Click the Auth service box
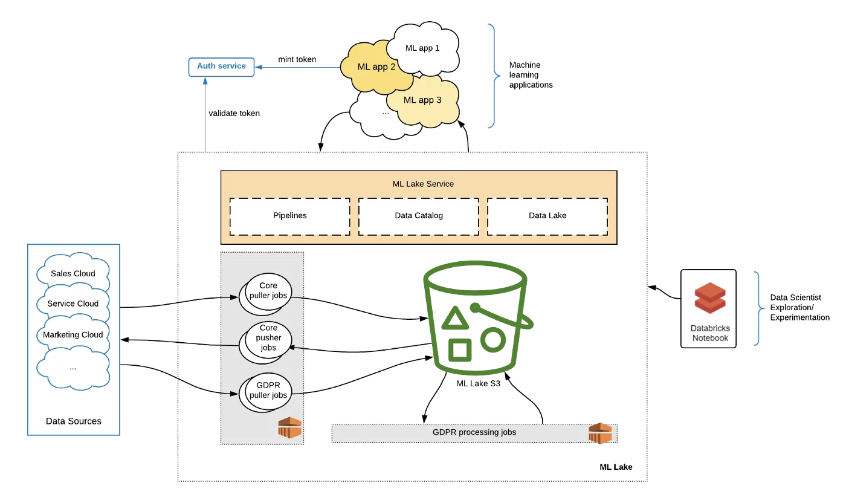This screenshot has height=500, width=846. tap(221, 67)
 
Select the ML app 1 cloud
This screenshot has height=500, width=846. tap(422, 48)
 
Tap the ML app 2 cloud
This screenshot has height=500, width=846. tap(376, 67)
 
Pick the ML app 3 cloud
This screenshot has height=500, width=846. tap(422, 100)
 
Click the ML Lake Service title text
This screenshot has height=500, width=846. tap(422, 184)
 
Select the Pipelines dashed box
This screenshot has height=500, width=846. tap(290, 216)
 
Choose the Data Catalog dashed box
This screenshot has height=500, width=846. tap(418, 216)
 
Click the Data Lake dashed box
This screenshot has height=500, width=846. tap(547, 216)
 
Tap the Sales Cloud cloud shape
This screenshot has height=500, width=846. tap(73, 274)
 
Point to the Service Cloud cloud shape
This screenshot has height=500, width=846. tap(73, 304)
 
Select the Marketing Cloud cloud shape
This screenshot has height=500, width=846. tap(73, 335)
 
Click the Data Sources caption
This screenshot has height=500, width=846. tap(73, 421)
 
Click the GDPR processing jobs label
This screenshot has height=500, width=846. tap(474, 433)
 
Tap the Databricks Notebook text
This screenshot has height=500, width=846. tap(710, 333)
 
